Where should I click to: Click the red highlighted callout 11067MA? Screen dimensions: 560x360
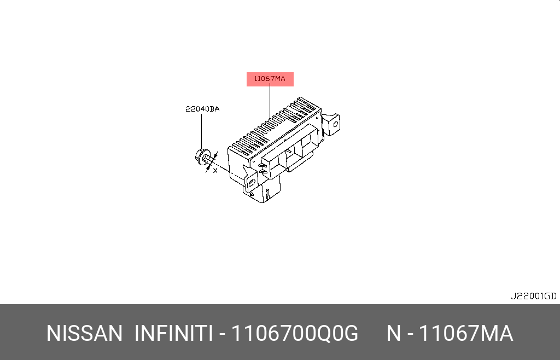(270, 79)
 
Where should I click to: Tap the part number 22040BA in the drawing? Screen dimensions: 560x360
(202, 109)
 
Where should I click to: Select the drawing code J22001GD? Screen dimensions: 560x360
(533, 296)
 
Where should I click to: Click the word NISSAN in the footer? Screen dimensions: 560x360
(84, 334)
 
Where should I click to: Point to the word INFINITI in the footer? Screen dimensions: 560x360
(173, 334)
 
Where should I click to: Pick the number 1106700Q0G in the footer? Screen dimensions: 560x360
(295, 334)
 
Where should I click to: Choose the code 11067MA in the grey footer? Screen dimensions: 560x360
(466, 334)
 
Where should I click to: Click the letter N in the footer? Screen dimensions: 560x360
(394, 334)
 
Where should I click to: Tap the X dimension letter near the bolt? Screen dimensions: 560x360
(215, 171)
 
